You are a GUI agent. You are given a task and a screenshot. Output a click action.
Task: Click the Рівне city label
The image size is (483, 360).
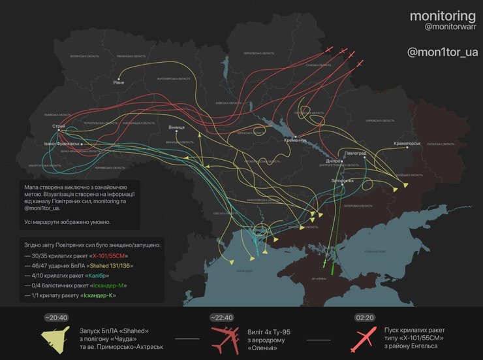point(118,82)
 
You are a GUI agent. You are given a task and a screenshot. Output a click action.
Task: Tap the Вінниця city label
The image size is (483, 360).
point(176,127)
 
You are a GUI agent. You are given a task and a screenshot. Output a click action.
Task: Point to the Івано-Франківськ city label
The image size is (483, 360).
point(62,143)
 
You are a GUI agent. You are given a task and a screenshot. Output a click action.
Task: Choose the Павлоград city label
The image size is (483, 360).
point(355,152)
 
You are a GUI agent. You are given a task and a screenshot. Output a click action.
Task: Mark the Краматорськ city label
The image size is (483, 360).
point(407,142)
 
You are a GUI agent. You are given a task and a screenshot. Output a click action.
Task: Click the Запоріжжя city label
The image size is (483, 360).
point(342,180)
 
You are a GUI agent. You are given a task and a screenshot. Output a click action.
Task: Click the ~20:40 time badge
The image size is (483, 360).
point(55,318)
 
